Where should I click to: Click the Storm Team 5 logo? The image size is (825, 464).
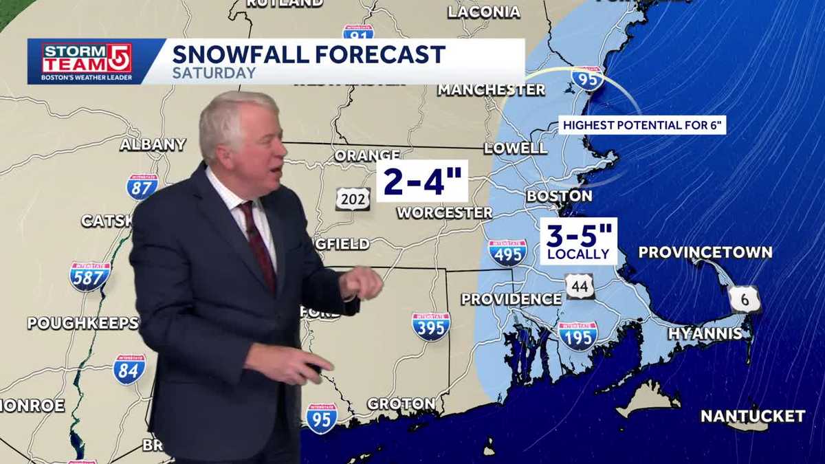(x=87, y=61)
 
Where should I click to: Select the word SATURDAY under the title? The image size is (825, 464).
(x=214, y=73)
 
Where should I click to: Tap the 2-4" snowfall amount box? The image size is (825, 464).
(x=421, y=181)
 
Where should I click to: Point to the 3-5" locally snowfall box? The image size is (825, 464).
(x=578, y=241)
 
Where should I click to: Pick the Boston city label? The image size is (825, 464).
(x=559, y=196)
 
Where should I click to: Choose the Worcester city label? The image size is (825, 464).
(x=444, y=213)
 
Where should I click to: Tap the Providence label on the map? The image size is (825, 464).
(x=511, y=299)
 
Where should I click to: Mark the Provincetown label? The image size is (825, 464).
(x=705, y=252)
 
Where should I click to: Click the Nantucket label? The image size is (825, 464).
(x=752, y=416)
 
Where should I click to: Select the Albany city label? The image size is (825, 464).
(x=153, y=144)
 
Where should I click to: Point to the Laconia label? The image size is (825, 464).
(x=484, y=12)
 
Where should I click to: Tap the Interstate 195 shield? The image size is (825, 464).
(x=577, y=335)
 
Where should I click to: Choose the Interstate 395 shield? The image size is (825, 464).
(x=431, y=327)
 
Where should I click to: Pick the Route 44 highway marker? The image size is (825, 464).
(x=580, y=286)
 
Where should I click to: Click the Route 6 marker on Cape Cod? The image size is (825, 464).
(x=745, y=299)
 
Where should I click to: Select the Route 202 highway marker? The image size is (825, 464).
(x=353, y=199)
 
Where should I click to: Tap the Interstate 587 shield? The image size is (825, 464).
(x=89, y=276)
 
